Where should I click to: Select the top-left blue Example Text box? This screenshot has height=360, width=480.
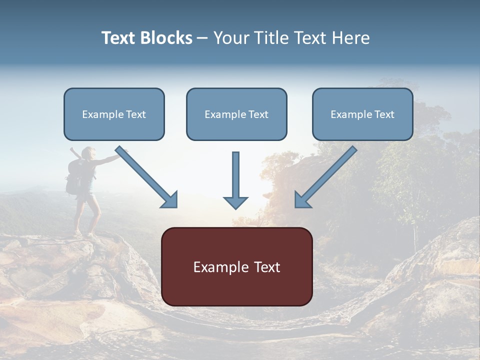[x=114, y=114]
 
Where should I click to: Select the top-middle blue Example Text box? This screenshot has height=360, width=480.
[x=236, y=114]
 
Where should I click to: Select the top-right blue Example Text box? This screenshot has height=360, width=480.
[x=362, y=114]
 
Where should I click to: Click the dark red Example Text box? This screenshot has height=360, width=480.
[x=236, y=266]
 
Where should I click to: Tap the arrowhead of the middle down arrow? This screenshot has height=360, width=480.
[x=235, y=202]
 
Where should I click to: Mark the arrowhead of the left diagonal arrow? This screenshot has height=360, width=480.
[x=170, y=200]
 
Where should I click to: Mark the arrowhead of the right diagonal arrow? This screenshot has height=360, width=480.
[x=302, y=200]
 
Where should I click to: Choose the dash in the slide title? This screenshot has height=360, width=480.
[x=202, y=38]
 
